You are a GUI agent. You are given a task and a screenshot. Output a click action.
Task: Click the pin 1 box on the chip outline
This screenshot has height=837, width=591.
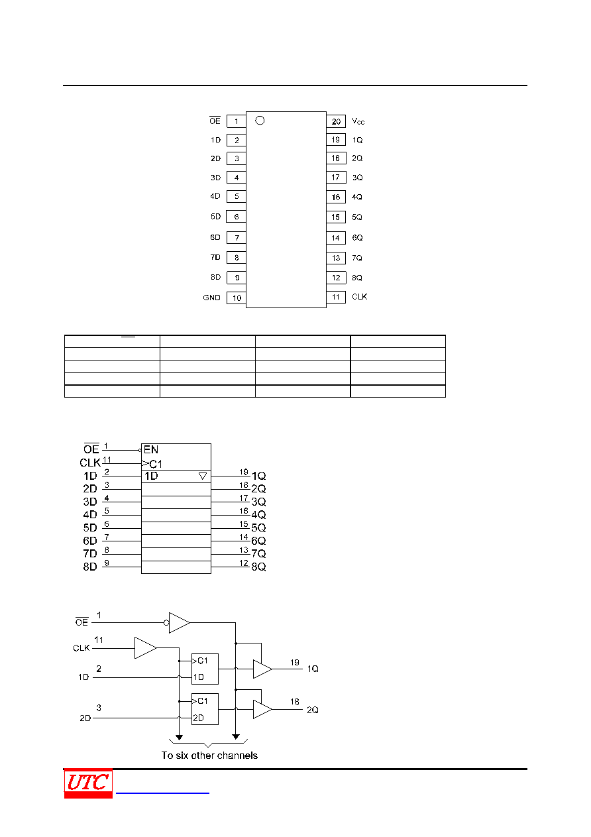(236, 121)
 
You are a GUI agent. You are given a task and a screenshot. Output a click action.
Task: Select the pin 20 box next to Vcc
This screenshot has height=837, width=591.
(336, 121)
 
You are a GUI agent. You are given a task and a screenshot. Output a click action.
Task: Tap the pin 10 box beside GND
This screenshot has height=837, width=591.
(236, 298)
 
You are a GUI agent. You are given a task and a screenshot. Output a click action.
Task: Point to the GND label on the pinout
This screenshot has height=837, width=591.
(211, 298)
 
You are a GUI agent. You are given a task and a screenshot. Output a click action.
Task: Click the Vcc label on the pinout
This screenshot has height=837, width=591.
(358, 121)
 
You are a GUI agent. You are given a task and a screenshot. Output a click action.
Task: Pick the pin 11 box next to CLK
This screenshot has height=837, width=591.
(336, 297)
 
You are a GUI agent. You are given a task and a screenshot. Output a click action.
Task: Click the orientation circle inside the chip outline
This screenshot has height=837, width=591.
(260, 121)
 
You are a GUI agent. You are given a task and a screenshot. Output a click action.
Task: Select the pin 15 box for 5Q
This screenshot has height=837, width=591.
(336, 217)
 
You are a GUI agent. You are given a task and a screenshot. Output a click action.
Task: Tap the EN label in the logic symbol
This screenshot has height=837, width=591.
(151, 449)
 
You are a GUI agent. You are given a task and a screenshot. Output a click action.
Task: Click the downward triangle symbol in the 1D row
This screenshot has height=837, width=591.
(203, 476)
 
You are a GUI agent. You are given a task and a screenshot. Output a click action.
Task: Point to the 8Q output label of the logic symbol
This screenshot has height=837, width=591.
(258, 567)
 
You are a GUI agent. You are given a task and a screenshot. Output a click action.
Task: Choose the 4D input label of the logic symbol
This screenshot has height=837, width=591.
(90, 514)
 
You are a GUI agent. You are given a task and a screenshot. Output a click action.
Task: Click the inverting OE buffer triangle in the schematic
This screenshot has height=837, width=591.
(179, 622)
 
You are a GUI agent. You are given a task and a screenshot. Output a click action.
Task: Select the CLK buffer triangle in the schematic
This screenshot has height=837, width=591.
(145, 647)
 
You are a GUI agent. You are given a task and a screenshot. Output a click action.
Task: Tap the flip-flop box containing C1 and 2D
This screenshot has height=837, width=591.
(205, 709)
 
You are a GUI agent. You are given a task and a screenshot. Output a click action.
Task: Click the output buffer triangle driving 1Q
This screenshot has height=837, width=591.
(262, 669)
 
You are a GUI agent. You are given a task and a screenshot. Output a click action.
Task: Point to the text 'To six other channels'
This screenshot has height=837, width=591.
(209, 755)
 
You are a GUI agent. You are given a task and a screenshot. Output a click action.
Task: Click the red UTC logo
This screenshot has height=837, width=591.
(88, 783)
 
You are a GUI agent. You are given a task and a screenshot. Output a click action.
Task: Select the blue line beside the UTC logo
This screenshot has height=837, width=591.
(162, 793)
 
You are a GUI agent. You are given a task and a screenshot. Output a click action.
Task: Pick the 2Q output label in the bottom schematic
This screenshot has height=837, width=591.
(313, 710)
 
